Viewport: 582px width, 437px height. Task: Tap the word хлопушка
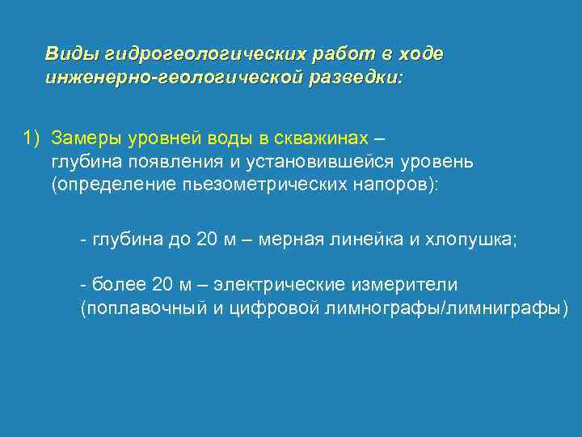click(469, 241)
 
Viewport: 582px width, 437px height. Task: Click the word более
click(118, 285)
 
